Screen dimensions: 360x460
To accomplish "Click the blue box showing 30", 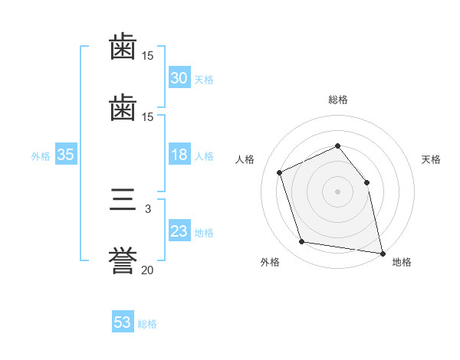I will [179, 78].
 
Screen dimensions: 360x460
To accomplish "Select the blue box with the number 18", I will [179, 155].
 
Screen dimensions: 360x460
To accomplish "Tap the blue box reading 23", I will [179, 232].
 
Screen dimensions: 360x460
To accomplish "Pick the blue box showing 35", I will [66, 155].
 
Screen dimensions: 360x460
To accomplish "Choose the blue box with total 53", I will [123, 323].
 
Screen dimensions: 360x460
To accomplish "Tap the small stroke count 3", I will [148, 208].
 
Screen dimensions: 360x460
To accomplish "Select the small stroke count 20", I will [148, 270].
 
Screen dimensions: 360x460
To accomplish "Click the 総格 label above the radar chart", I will [337, 100].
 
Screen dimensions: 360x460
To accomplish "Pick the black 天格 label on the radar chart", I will [431, 159].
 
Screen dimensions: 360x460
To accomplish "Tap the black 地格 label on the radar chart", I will [402, 263].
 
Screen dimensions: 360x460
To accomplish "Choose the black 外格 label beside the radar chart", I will [270, 263].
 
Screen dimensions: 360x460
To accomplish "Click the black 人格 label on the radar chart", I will [245, 159].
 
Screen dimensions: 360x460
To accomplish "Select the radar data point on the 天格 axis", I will [366, 182].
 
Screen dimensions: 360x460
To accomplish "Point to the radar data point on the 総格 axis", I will [337, 146].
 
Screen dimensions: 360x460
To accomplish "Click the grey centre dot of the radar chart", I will [337, 191].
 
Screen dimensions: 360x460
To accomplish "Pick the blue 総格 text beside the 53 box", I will [147, 324].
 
